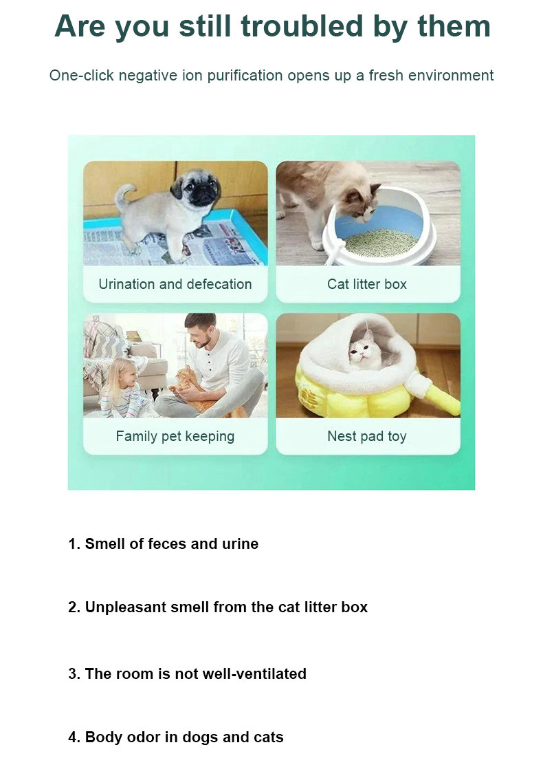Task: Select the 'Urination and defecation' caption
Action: pyautogui.click(x=175, y=284)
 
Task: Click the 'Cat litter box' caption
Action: pyautogui.click(x=367, y=284)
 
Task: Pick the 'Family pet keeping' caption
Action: pyautogui.click(x=175, y=436)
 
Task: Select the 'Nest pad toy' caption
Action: pyautogui.click(x=367, y=436)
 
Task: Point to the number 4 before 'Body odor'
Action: pyautogui.click(x=73, y=737)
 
